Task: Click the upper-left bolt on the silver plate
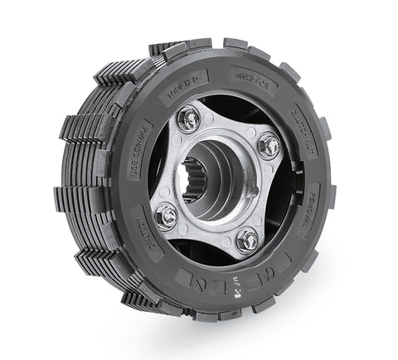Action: click(191, 119)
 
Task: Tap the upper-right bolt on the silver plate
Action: click(268, 147)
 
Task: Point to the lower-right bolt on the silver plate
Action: click(246, 241)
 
